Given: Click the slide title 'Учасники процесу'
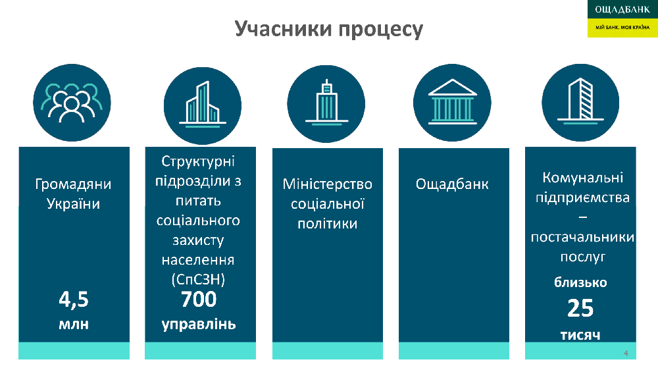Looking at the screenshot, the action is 328,30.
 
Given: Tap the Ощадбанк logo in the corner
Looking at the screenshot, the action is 622,9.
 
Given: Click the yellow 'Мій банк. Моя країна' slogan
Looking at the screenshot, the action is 622,28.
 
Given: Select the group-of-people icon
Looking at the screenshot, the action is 72,103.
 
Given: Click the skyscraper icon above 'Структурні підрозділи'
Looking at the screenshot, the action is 203,104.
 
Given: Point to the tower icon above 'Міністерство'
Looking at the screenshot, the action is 326,103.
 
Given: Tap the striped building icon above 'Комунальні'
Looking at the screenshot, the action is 580,101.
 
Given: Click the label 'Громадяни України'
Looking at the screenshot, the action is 74,194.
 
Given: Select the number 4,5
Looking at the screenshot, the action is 74,300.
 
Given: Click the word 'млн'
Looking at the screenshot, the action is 74,324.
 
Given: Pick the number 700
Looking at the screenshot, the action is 199,299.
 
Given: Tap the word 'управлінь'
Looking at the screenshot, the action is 199,325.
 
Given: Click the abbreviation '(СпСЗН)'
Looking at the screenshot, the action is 198,280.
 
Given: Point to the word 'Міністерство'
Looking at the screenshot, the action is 327,184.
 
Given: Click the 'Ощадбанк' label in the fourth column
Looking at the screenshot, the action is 452,184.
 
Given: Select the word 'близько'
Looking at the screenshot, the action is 580,282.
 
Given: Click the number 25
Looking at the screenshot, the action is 580,308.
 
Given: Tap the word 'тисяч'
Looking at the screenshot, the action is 580,335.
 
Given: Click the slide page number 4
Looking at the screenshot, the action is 626,353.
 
